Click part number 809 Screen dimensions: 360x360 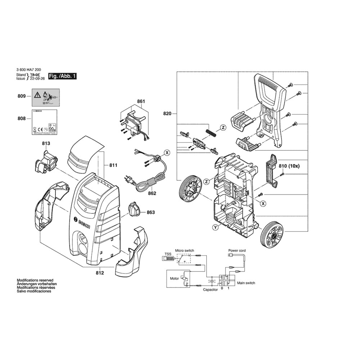pyautogui.click(x=22, y=96)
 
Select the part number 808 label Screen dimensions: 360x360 pyautogui.click(x=22, y=119)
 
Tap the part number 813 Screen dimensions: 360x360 pyautogui.click(x=46, y=143)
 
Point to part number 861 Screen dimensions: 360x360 pyautogui.click(x=141, y=102)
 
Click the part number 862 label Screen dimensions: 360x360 pyautogui.click(x=152, y=193)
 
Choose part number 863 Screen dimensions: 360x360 pyautogui.click(x=150, y=212)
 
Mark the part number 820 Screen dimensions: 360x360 pyautogui.click(x=167, y=114)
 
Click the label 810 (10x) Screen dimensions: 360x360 pyautogui.click(x=289, y=166)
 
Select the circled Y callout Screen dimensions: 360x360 pyautogui.click(x=215, y=227)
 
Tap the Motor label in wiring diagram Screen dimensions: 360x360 pyautogui.click(x=174, y=279)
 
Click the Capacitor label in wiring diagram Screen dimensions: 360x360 pyautogui.click(x=210, y=290)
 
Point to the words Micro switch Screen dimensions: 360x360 pyautogui.click(x=185, y=250)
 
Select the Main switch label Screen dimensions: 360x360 pyautogui.click(x=246, y=283)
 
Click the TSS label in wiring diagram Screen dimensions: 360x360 pyautogui.click(x=168, y=254)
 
